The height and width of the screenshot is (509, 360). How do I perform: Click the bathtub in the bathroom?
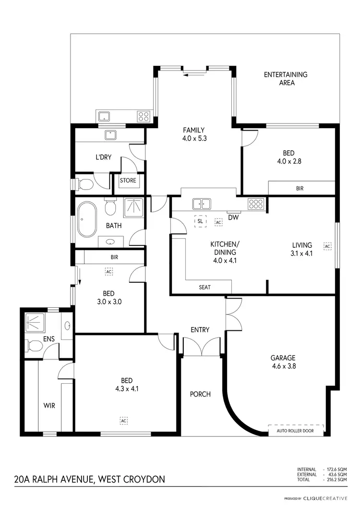[87, 220]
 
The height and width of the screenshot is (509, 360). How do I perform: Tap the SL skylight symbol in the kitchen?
[200, 222]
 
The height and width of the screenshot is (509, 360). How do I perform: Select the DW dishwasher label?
[233, 218]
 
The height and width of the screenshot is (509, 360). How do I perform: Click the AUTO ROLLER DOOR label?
[296, 431]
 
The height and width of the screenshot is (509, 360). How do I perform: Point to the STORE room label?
[128, 181]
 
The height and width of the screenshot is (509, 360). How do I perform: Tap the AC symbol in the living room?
[328, 246]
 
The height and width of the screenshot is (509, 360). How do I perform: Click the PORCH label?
[200, 394]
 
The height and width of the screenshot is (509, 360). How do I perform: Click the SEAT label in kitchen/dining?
[205, 287]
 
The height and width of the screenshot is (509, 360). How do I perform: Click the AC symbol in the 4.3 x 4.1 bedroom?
[123, 420]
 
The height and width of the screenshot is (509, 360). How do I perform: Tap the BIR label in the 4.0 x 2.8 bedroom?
[300, 189]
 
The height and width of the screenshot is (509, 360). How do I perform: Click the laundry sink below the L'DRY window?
[111, 135]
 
